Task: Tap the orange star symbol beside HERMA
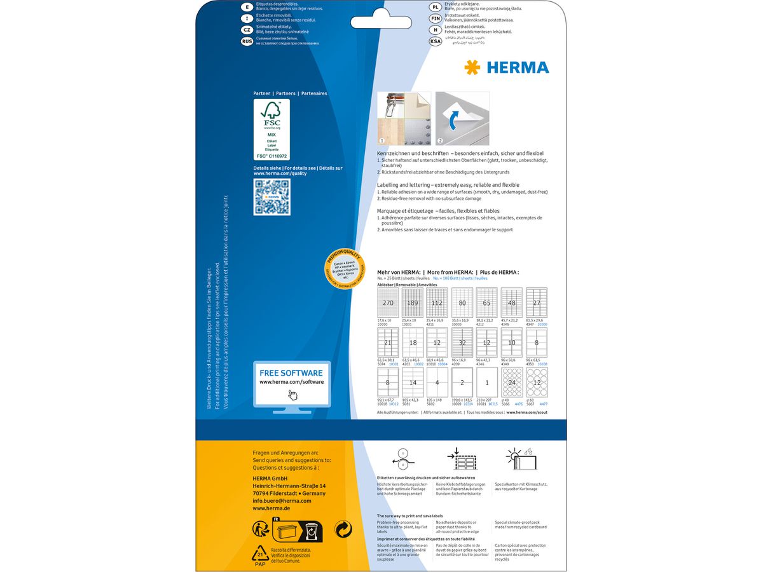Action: [472, 67]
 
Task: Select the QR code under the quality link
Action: [272, 197]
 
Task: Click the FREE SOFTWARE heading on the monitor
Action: [291, 373]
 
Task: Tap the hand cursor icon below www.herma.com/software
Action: [292, 394]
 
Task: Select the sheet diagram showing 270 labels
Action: [387, 303]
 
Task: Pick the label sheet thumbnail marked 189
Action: [412, 303]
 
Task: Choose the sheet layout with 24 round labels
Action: [512, 383]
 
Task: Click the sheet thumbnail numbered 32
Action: [462, 343]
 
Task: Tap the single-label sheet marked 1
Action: [487, 383]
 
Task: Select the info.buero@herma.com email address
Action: [282, 501]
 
